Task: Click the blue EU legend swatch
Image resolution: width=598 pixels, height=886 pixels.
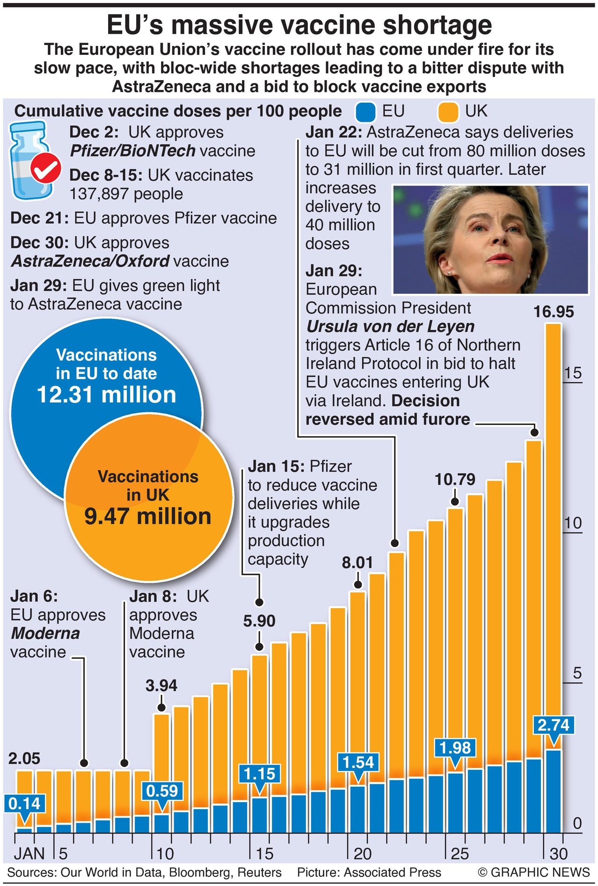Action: tap(365, 112)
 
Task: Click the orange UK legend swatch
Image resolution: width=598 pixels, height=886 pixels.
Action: tap(448, 112)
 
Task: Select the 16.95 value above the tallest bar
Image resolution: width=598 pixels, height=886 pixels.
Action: tap(554, 312)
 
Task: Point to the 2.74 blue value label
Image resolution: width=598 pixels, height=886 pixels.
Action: tap(554, 725)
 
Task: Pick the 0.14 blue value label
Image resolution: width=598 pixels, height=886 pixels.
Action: tap(24, 804)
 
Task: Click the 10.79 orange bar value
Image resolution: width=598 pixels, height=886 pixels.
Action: tap(455, 479)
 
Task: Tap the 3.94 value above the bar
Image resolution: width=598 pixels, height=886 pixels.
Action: tap(161, 685)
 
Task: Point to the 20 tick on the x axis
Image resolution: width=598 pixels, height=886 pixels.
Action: tap(362, 854)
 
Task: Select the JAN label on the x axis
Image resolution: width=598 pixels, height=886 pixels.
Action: tap(29, 854)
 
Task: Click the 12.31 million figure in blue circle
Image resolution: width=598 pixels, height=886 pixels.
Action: tap(107, 395)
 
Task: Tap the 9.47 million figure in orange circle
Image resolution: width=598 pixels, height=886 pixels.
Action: tap(148, 516)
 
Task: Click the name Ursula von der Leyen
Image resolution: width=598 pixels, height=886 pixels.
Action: tap(390, 327)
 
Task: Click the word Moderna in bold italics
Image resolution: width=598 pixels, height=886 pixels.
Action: tap(45, 633)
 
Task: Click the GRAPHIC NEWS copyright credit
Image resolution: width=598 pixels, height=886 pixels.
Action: tap(534, 872)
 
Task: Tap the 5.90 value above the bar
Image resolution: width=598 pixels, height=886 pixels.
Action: tap(259, 621)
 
